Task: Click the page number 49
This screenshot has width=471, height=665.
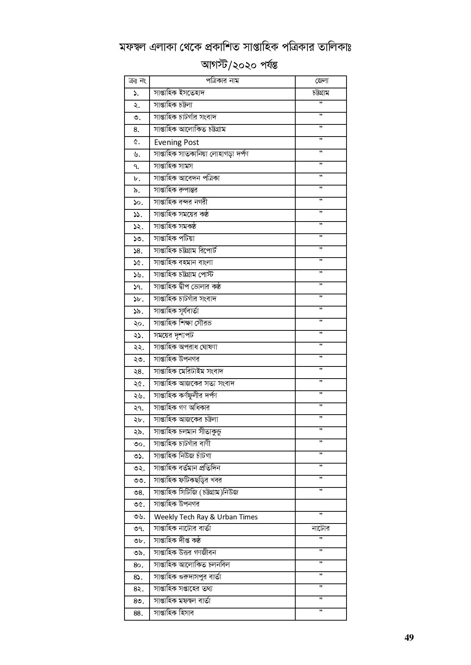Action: [x=409, y=637]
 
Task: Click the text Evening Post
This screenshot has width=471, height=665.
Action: [x=176, y=142]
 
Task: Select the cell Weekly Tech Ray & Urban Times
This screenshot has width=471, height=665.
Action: [x=206, y=517]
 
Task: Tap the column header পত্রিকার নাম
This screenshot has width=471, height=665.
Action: [x=222, y=81]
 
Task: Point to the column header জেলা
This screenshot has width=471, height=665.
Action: [x=321, y=81]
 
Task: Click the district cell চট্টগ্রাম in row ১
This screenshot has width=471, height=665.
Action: [x=321, y=93]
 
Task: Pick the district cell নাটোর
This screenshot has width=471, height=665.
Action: [x=321, y=528]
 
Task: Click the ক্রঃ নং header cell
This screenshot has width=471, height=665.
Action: [x=137, y=81]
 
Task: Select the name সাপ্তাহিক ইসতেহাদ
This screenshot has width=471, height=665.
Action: [x=179, y=93]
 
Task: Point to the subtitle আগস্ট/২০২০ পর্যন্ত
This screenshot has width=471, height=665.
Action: [x=239, y=65]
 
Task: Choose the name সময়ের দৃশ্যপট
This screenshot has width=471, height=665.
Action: [x=174, y=335]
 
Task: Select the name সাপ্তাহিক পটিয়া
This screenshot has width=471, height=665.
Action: [x=174, y=238]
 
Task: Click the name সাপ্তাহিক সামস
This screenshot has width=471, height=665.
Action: [x=173, y=166]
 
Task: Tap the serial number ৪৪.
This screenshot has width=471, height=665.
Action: [x=138, y=613]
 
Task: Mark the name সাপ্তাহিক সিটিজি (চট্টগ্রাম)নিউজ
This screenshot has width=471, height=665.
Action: [x=196, y=492]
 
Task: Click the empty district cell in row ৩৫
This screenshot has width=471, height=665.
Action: [x=321, y=505]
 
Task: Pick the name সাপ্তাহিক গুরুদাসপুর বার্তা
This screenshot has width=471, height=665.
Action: [x=187, y=577]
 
